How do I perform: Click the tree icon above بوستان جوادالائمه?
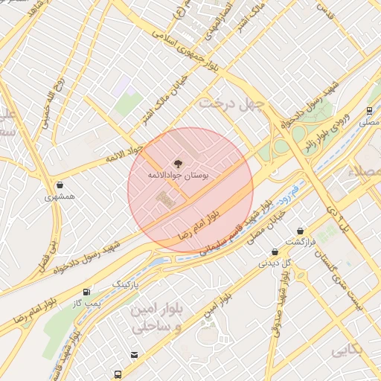(x=177, y=163)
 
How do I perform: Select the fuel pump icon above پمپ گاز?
(x=87, y=292)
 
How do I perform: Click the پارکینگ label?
(x=126, y=284)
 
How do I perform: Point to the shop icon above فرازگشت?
(x=301, y=231)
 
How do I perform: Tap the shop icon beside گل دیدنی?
(x=275, y=252)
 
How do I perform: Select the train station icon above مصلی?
(x=370, y=110)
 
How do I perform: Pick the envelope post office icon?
(x=134, y=354)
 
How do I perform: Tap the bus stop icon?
(x=118, y=374)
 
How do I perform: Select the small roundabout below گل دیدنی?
(x=303, y=277)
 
